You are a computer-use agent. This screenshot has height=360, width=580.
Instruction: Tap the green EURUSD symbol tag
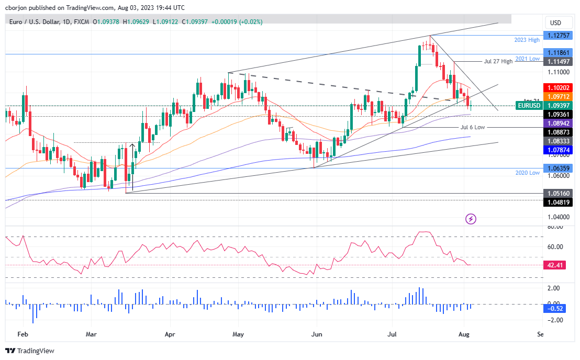click(529, 105)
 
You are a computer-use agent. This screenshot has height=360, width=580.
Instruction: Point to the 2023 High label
click(527, 40)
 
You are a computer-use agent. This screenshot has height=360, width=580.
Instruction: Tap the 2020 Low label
click(527, 173)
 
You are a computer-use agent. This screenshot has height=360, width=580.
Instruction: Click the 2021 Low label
click(527, 59)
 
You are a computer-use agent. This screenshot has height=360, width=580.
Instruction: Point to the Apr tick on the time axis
click(169, 333)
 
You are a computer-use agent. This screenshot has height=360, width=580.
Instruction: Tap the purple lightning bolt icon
click(471, 219)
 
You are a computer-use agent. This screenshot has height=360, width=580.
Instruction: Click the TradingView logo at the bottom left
click(30, 351)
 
